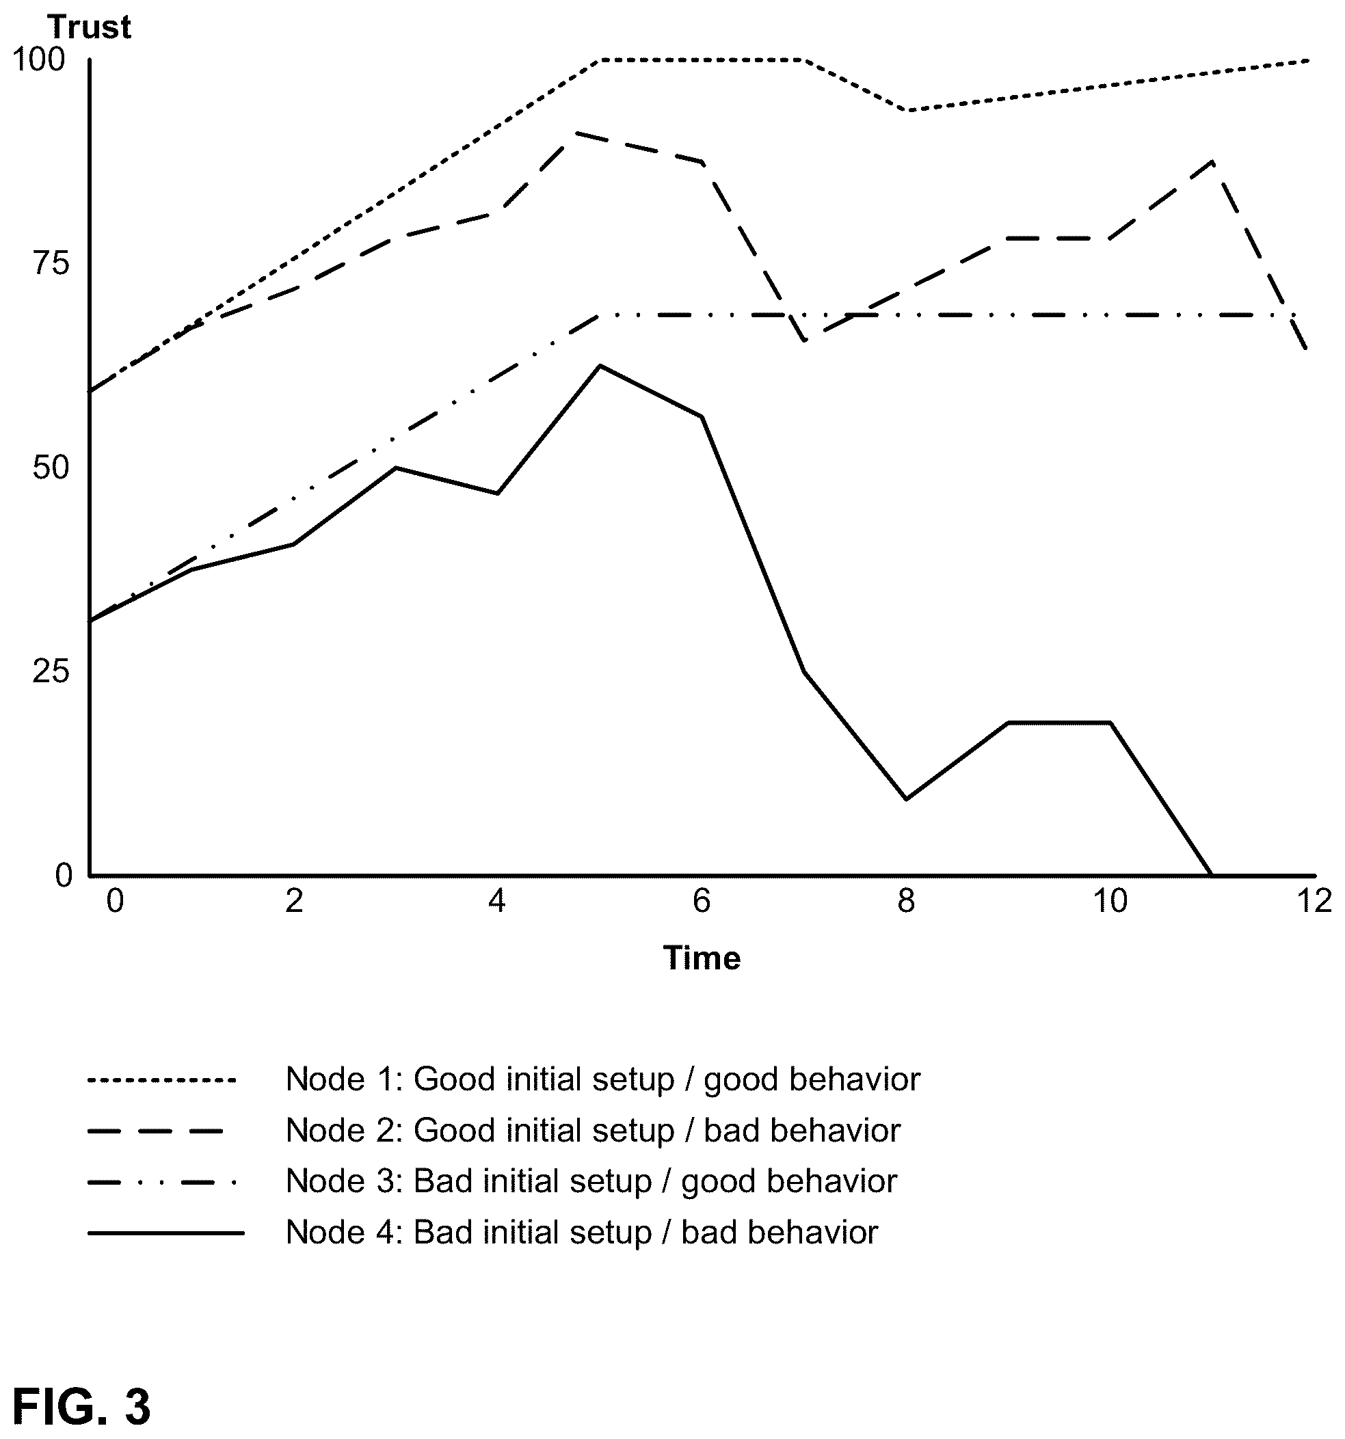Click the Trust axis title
[89, 27]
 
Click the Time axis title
[702, 958]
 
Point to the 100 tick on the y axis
[39, 59]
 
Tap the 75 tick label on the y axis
[51, 263]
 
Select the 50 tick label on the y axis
[51, 468]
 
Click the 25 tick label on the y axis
[51, 672]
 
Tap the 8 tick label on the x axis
[906, 901]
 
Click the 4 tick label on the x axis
[496, 901]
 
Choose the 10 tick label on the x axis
[1110, 901]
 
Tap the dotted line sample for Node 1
[162, 1081]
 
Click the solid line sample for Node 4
[165, 1233]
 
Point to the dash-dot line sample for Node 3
[162, 1182]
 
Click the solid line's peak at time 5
[600, 366]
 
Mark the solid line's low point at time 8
[906, 799]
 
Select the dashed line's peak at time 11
[1212, 161]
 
